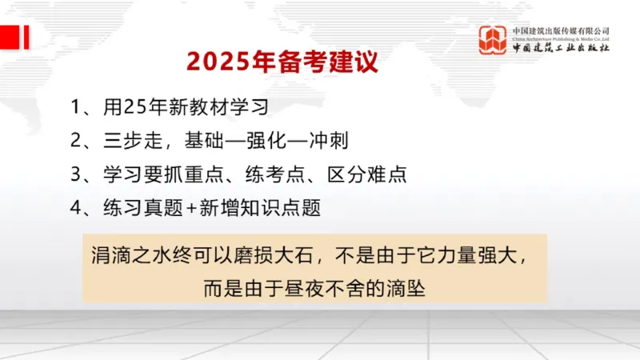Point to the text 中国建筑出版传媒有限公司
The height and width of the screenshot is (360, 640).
(x=561, y=30)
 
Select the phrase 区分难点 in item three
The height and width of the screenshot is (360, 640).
(x=372, y=174)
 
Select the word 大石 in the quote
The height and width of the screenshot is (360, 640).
(x=290, y=258)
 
